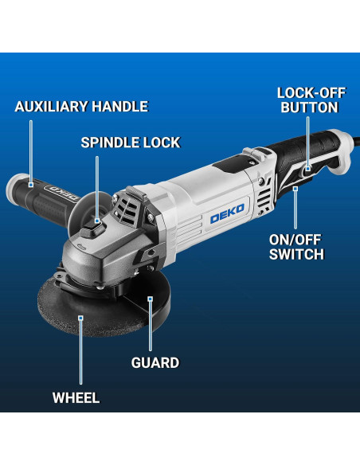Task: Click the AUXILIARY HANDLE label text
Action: tap(81, 107)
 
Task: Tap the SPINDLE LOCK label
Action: tap(131, 143)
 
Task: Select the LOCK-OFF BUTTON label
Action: tap(307, 100)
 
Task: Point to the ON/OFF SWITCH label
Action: tap(295, 247)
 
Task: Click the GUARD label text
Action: tap(155, 363)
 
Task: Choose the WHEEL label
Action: tap(76, 397)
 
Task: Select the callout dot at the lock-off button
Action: tap(307, 168)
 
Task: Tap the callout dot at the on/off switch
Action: tap(295, 188)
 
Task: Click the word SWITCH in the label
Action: tap(295, 255)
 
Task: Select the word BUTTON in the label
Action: tap(307, 108)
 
